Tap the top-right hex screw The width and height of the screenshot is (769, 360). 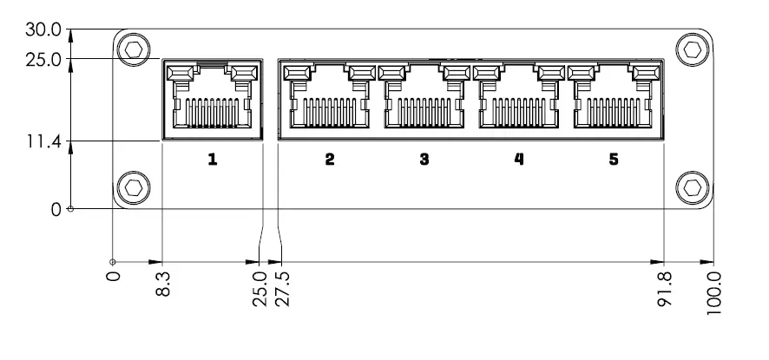(x=692, y=49)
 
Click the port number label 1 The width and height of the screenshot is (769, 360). (x=212, y=160)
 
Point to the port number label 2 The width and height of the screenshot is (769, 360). (x=330, y=160)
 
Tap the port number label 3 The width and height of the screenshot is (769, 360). (x=424, y=160)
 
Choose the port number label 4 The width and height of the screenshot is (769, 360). (x=519, y=160)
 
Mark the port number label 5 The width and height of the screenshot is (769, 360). (x=614, y=160)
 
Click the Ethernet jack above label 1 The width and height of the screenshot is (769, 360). (x=212, y=99)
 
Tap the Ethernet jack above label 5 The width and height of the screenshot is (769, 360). (x=614, y=99)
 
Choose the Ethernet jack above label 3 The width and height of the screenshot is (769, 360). (x=424, y=99)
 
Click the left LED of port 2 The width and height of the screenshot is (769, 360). (x=297, y=72)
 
